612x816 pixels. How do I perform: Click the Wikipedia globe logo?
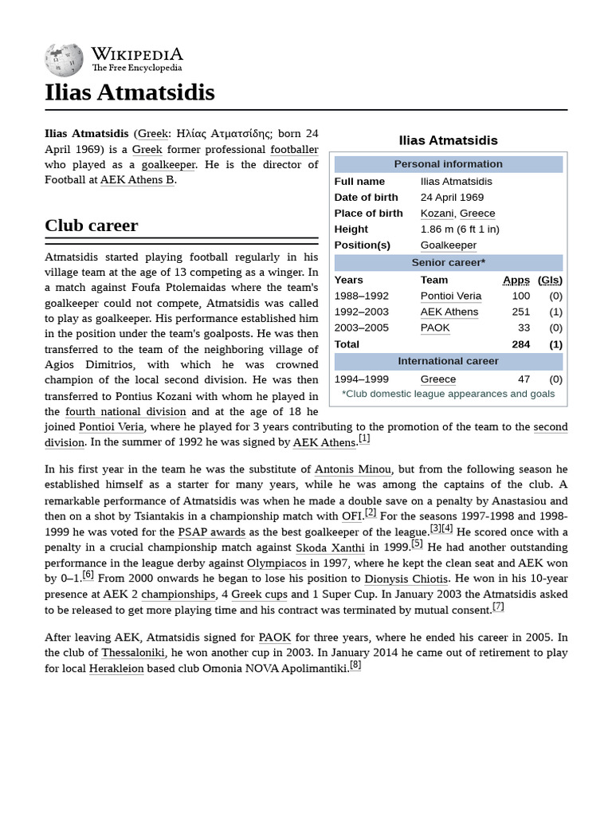(64, 58)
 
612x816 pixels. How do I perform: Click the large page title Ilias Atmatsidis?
(130, 92)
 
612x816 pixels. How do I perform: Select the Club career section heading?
(92, 226)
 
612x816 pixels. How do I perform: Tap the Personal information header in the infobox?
(448, 164)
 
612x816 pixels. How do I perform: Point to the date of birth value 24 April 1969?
(452, 197)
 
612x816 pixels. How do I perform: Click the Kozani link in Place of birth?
(437, 213)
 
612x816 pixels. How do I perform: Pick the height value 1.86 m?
(460, 229)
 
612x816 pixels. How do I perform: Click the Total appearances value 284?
(520, 344)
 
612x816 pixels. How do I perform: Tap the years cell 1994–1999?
(362, 379)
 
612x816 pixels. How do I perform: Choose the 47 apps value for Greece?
(524, 379)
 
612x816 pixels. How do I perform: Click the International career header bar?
(448, 361)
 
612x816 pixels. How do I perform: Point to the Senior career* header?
(448, 262)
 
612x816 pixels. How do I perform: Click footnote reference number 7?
(498, 606)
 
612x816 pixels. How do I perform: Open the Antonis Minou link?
(352, 469)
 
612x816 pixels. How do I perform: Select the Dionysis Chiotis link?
(406, 579)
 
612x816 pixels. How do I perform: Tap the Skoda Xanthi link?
(330, 547)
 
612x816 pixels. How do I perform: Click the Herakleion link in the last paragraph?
(116, 668)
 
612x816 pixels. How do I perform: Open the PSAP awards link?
(211, 532)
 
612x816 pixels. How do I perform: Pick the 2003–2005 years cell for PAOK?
(362, 328)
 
